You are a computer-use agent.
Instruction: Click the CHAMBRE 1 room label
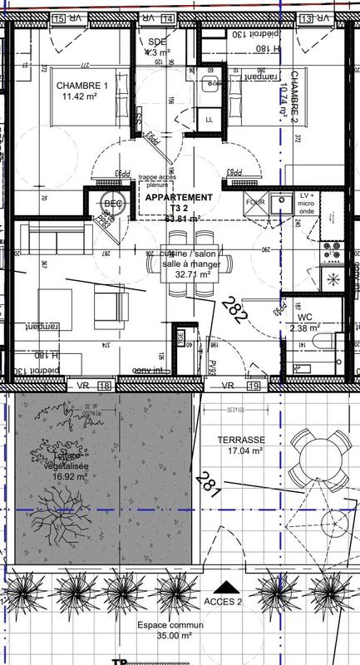81,86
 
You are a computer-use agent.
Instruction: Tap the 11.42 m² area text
81,97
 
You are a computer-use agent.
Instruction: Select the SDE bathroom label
157,42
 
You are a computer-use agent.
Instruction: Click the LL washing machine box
209,120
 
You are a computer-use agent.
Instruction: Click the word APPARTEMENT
178,198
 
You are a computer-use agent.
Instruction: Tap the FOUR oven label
254,201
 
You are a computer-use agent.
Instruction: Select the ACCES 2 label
222,601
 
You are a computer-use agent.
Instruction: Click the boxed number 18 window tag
105,386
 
